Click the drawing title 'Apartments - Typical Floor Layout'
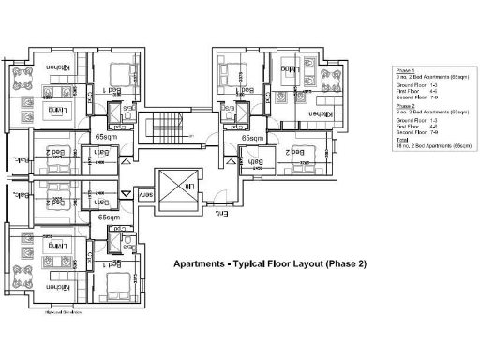tap(270, 264)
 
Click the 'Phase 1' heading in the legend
tap(404, 70)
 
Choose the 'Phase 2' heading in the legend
tap(404, 107)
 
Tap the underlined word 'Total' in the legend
tap(403, 142)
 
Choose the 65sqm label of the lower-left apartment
tap(109, 217)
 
